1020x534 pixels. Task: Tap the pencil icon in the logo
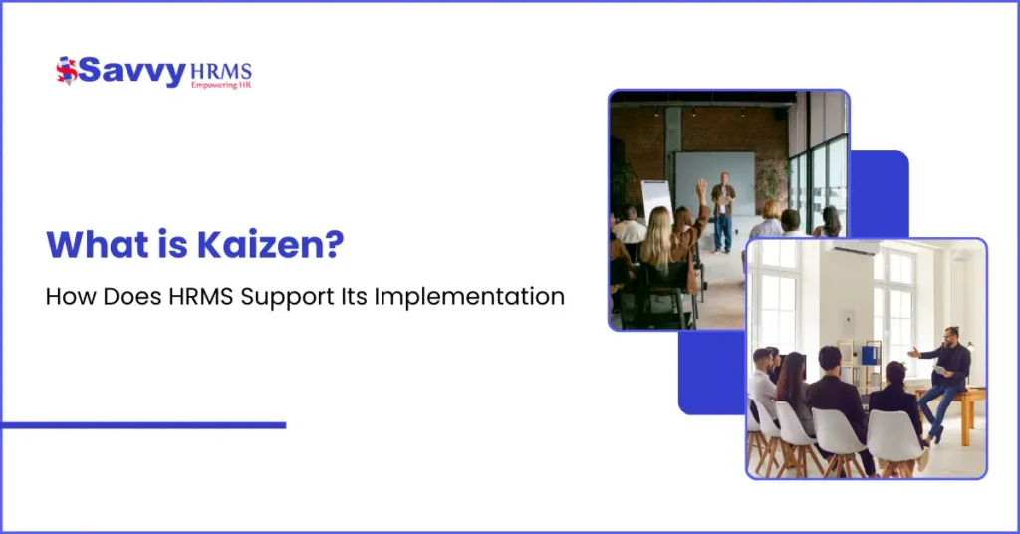click(x=67, y=71)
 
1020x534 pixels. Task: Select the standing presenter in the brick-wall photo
click(x=722, y=211)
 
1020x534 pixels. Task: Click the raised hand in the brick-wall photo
click(x=701, y=187)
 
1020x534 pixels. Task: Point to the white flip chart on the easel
click(x=655, y=200)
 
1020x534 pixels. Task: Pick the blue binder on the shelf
click(x=870, y=355)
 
